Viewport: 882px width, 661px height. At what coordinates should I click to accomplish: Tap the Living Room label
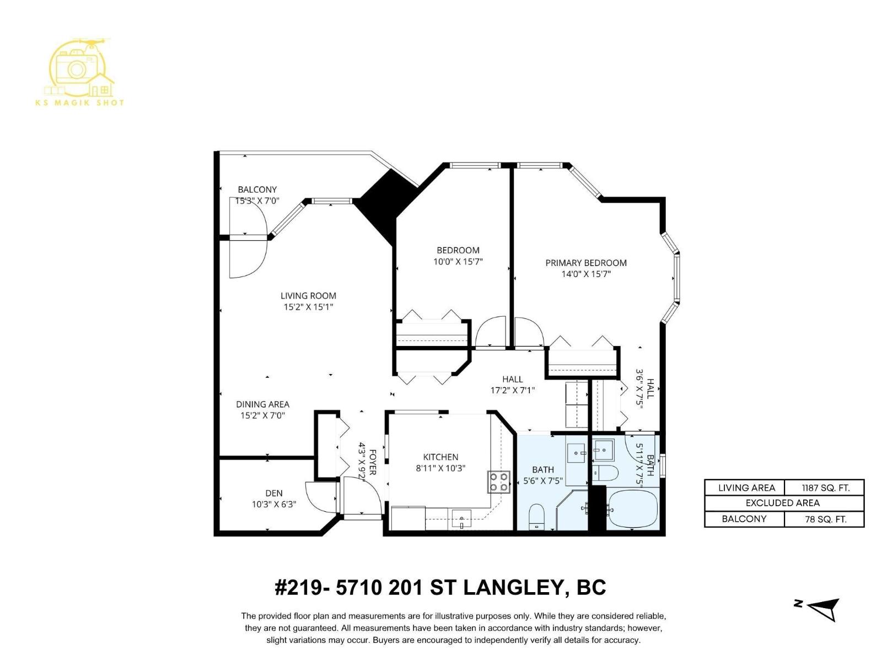(308, 296)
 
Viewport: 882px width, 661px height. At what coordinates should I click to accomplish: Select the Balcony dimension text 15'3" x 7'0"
(257, 201)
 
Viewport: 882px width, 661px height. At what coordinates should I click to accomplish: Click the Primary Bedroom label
(586, 263)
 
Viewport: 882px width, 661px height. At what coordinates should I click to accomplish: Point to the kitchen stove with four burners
(499, 482)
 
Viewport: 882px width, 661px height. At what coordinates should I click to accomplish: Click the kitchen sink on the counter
(461, 518)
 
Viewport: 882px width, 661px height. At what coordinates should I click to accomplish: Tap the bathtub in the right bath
(633, 508)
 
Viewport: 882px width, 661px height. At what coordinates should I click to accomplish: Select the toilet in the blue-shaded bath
(536, 517)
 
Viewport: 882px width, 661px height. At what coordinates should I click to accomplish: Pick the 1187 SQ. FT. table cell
(825, 487)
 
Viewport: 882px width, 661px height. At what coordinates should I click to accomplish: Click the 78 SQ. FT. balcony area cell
(825, 519)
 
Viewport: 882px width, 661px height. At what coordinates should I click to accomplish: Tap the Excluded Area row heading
(782, 503)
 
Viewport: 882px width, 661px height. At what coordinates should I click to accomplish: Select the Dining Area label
(262, 404)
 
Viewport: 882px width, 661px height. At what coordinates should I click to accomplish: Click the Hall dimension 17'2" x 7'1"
(513, 391)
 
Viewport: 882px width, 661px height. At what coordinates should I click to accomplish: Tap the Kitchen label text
(440, 457)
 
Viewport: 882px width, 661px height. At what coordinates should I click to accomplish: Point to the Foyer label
(373, 462)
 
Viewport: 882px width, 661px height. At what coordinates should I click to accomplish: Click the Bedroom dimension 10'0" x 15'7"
(458, 262)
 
